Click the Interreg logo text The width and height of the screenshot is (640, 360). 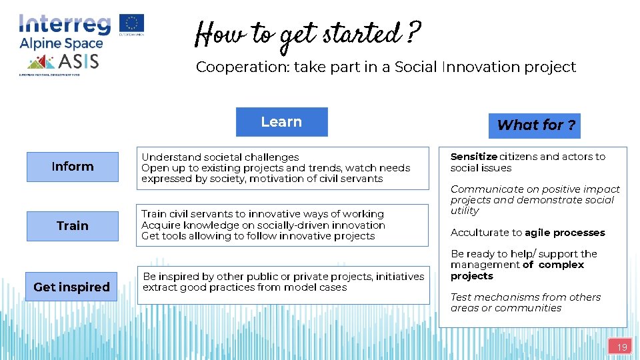[x=65, y=25]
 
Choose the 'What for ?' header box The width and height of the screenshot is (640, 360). [x=536, y=125]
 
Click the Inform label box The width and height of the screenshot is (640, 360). [x=73, y=167]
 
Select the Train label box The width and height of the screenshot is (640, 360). [x=73, y=226]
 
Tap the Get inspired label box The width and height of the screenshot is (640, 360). [x=71, y=287]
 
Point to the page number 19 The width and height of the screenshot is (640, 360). [x=621, y=347]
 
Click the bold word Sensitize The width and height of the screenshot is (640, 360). [x=473, y=157]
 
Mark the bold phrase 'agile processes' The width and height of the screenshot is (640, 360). [x=565, y=233]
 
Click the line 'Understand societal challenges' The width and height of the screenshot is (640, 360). [x=220, y=157]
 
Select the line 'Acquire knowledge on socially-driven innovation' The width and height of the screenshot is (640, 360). [x=263, y=225]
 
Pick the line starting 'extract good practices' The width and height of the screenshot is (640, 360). [x=245, y=287]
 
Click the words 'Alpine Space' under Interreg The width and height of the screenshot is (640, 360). [x=61, y=43]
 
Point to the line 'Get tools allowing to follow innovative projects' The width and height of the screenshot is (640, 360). [x=258, y=236]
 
